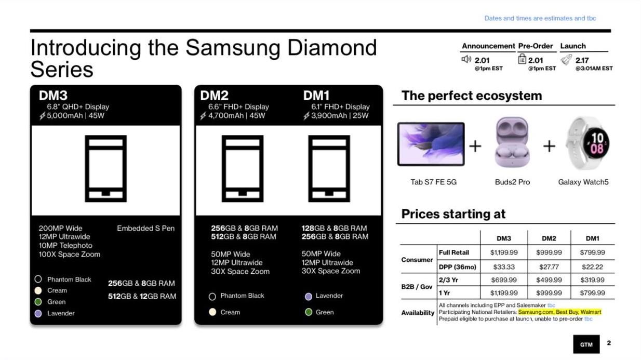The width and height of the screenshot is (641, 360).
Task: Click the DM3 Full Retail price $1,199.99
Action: click(x=504, y=252)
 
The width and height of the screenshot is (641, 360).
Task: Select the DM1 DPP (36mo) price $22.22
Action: click(x=592, y=267)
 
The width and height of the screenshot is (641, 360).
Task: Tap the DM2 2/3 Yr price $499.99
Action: click(x=549, y=280)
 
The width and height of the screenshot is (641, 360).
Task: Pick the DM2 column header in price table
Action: click(x=549, y=238)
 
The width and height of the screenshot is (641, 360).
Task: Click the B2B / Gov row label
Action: click(x=417, y=287)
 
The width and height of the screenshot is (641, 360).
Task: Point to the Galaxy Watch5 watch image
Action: click(x=587, y=143)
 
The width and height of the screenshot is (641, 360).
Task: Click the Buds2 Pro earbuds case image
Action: click(x=512, y=142)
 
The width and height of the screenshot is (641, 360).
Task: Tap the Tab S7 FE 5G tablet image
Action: click(x=431, y=144)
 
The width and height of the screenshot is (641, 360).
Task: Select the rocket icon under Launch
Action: click(x=566, y=60)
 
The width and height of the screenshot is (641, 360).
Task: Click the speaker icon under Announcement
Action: click(x=466, y=59)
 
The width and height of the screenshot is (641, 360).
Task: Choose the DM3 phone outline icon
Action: click(x=106, y=168)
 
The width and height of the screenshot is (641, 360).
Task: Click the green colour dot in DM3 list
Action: click(x=38, y=302)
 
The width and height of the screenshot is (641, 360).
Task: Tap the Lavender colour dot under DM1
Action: click(x=309, y=296)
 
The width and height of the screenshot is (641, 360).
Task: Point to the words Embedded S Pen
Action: click(x=145, y=228)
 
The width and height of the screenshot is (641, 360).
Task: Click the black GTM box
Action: click(x=586, y=344)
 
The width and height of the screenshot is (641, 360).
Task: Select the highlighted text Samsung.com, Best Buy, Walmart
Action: click(x=560, y=312)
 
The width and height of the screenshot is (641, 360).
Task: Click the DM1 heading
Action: click(x=316, y=95)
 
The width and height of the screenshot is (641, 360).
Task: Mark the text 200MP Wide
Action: click(x=60, y=228)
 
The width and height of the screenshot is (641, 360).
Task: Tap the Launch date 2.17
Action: click(x=582, y=60)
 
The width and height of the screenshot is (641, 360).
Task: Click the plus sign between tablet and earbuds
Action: click(x=475, y=146)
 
